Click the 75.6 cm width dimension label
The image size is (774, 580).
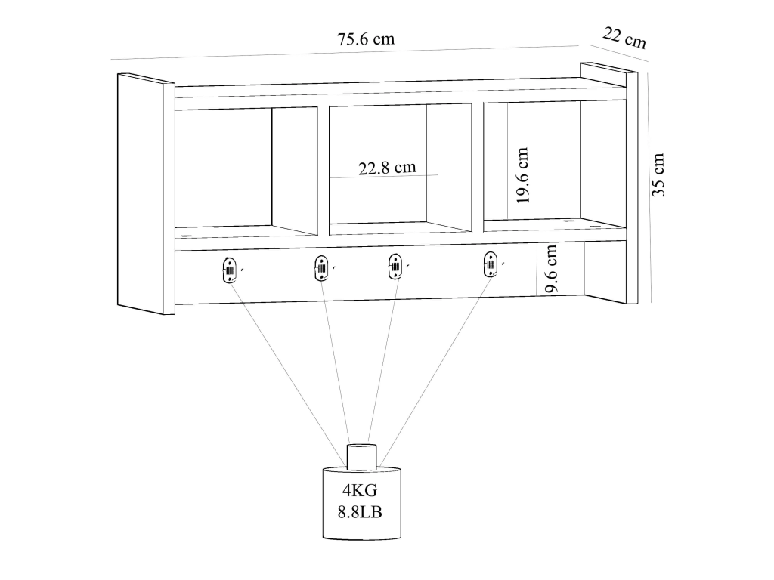click(x=366, y=39)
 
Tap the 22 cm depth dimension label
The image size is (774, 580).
click(x=624, y=38)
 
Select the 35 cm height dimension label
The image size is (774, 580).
click(x=658, y=174)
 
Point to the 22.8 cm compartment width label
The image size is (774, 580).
click(x=387, y=168)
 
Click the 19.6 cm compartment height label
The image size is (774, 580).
click(x=522, y=175)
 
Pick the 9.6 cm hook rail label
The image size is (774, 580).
click(x=550, y=268)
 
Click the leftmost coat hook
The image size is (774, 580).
click(x=230, y=270)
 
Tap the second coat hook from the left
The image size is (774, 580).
click(x=320, y=268)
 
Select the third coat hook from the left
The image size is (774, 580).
click(x=395, y=267)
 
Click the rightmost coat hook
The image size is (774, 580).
click(x=490, y=264)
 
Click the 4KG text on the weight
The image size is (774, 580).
click(x=360, y=490)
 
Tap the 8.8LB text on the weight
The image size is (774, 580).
click(x=360, y=512)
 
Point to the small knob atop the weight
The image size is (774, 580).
click(x=362, y=457)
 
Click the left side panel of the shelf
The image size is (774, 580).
click(x=146, y=194)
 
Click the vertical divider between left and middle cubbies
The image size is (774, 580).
click(x=324, y=171)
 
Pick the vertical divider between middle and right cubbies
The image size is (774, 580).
click(x=478, y=167)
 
